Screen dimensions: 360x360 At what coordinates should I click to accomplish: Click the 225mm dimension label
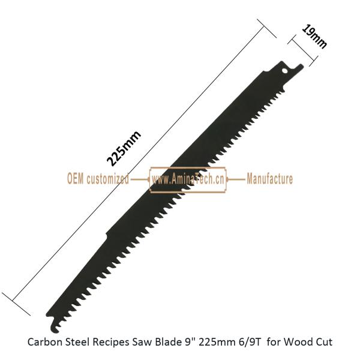124,148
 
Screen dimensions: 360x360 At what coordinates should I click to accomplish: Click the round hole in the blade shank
284,71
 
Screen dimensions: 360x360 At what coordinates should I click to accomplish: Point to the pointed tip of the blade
47,314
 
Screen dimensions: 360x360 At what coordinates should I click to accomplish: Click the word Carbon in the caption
45,342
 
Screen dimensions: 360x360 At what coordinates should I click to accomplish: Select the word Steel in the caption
77,342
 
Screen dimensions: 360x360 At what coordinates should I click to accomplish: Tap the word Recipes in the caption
111,343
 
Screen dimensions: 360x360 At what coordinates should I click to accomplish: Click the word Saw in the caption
142,342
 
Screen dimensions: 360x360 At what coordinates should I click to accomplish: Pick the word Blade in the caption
168,342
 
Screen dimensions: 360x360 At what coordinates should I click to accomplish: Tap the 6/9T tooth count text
248,342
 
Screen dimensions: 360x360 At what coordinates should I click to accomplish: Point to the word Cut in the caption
324,342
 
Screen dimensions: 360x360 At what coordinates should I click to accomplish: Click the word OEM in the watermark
76,179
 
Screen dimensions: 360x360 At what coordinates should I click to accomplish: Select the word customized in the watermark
107,179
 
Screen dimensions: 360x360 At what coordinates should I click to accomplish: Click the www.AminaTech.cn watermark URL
188,179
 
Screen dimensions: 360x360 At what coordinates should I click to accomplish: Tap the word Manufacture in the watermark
270,179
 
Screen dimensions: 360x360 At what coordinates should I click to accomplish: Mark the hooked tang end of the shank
301,67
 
